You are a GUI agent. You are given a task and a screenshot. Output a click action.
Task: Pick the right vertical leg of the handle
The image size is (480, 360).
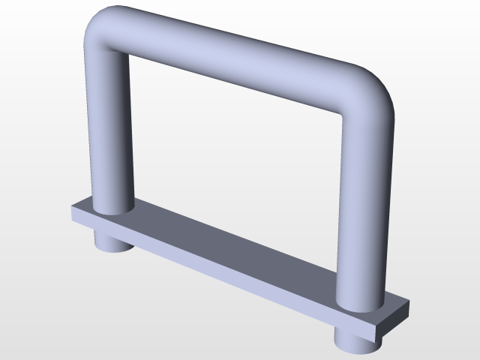pos(364,210)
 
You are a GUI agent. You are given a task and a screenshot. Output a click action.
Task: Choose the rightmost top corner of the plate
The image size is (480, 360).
pos(409,304)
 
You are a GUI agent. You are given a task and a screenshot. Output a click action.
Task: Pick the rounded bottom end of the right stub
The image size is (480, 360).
pos(358,348)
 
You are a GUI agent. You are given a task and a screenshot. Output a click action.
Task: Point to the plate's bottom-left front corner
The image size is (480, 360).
pos(72,221)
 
